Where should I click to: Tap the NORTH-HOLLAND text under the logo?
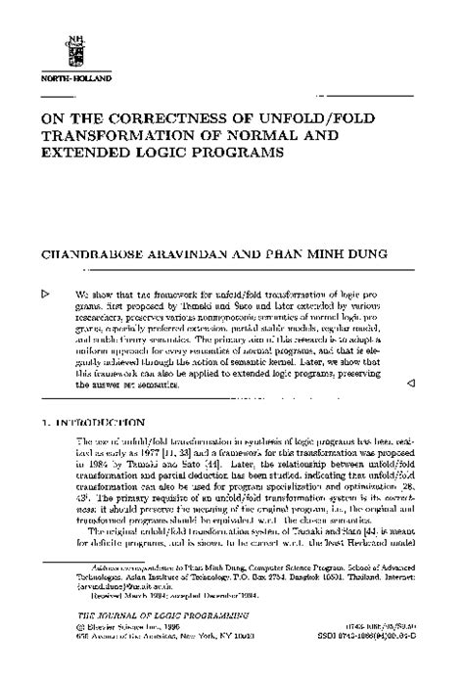coord(69,75)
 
